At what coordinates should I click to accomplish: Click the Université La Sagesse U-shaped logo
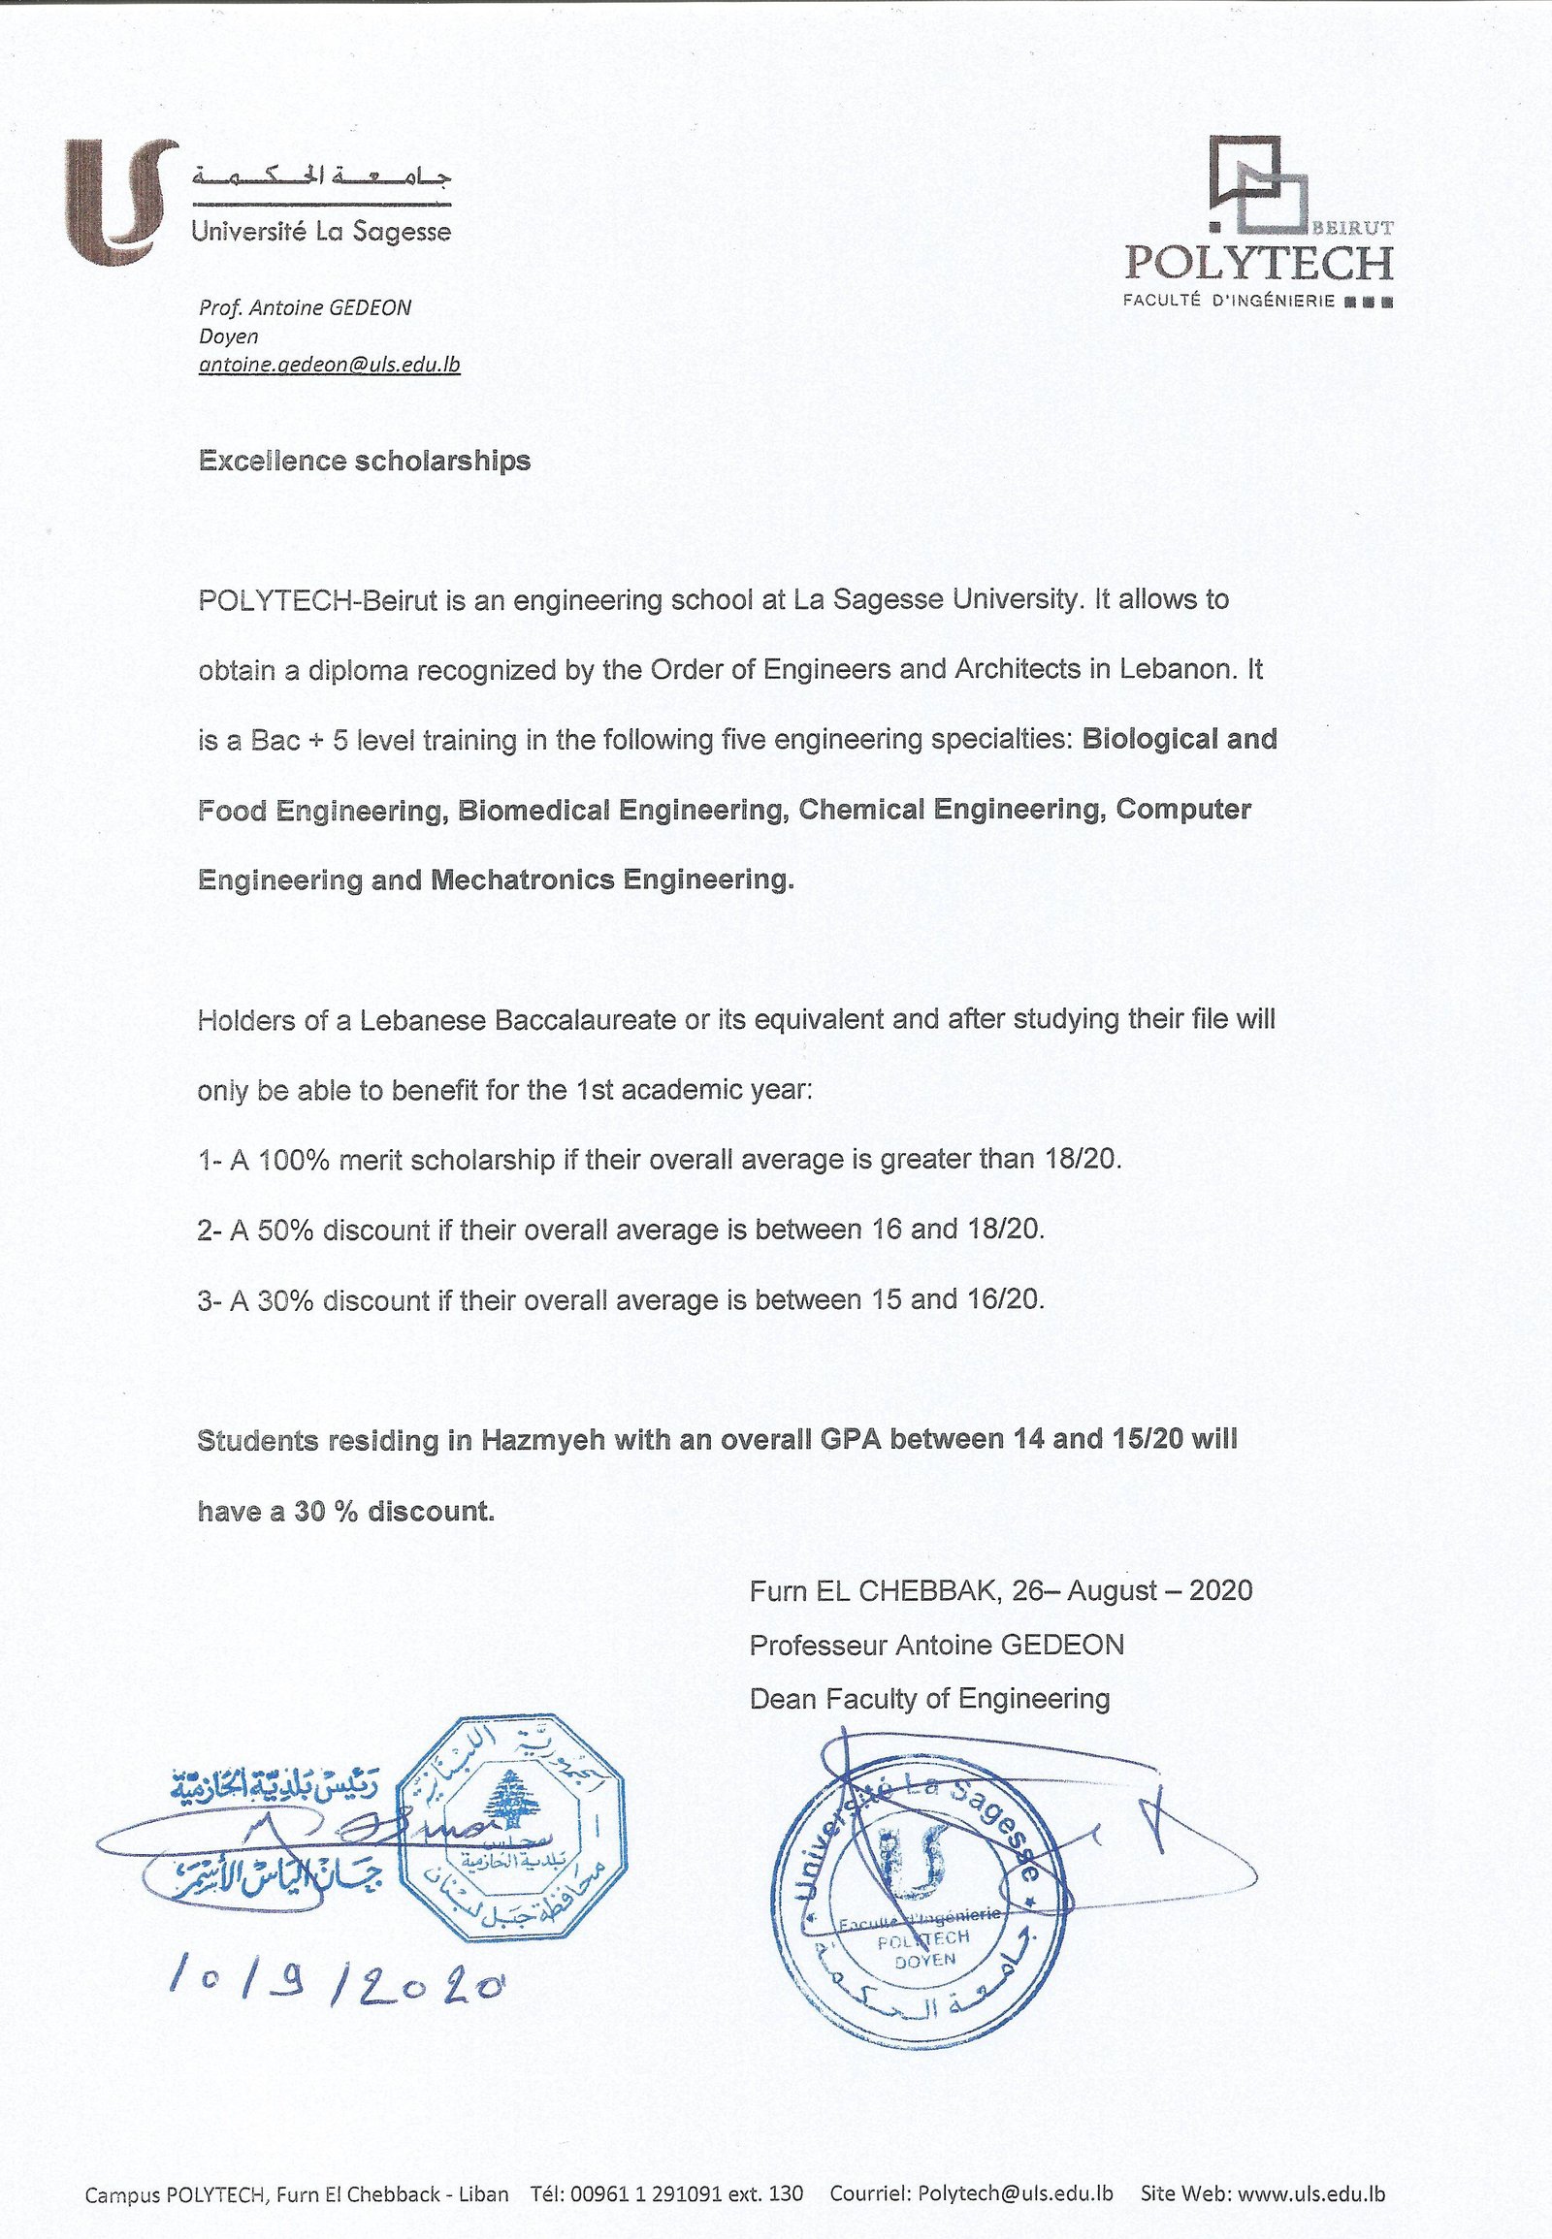[x=120, y=202]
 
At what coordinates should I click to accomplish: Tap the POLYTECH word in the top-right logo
[x=1258, y=264]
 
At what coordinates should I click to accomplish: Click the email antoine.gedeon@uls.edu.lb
[x=329, y=366]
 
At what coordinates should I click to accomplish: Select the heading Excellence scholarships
[x=365, y=461]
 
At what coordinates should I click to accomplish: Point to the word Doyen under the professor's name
[x=229, y=336]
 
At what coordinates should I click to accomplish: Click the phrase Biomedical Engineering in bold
[x=621, y=810]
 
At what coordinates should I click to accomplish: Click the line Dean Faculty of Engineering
[x=928, y=1699]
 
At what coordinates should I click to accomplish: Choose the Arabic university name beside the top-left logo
[x=322, y=176]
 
